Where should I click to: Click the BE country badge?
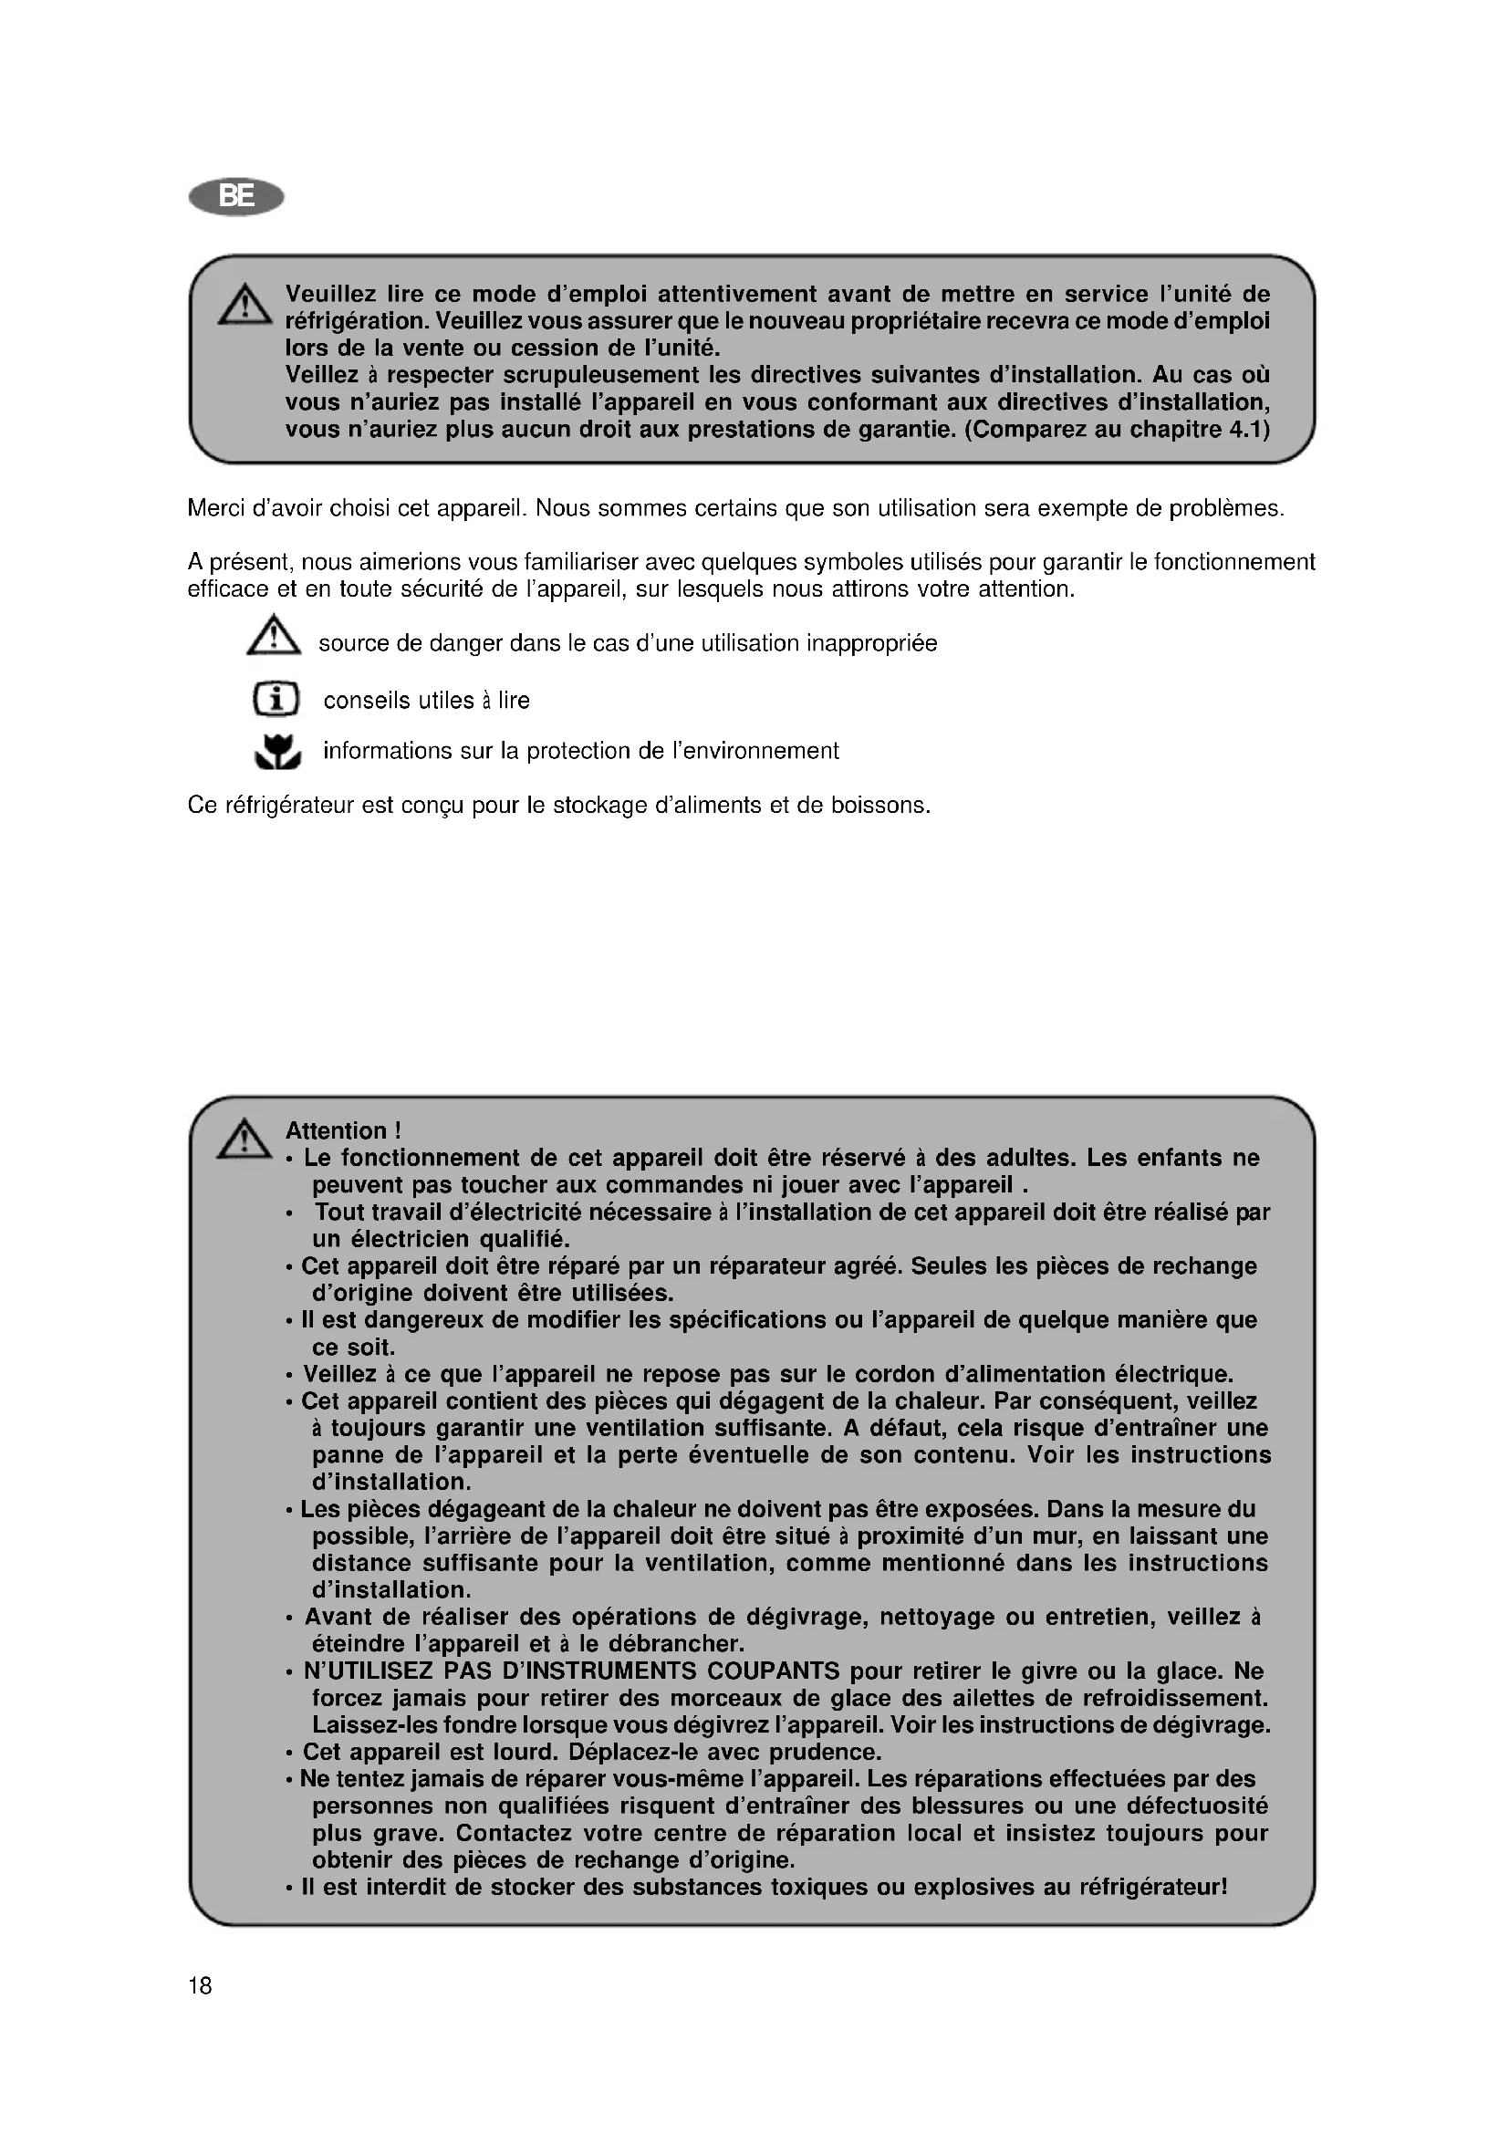pyautogui.click(x=236, y=197)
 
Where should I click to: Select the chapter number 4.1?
pyautogui.click(x=1251, y=430)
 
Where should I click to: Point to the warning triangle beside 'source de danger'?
pyautogui.click(x=273, y=638)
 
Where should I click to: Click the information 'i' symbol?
pyautogui.click(x=276, y=699)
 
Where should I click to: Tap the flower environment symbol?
pyautogui.click(x=278, y=752)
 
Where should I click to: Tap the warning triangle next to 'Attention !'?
pyautogui.click(x=245, y=1140)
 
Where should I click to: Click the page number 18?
pyautogui.click(x=200, y=1986)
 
